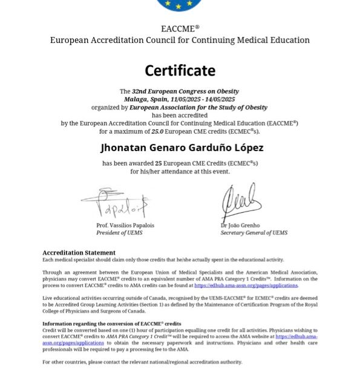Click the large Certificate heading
coord(180,71)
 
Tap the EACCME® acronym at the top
coord(180,28)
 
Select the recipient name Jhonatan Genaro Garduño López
coord(181,148)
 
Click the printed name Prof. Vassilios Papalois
coord(125,226)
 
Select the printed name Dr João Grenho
coord(240,226)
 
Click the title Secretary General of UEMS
coord(254,233)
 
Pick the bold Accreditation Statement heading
coord(79,253)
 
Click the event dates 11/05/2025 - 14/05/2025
coord(205,99)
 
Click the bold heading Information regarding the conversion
coord(112,324)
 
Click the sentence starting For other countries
coord(142,362)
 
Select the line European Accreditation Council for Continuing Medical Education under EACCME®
coord(180,40)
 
